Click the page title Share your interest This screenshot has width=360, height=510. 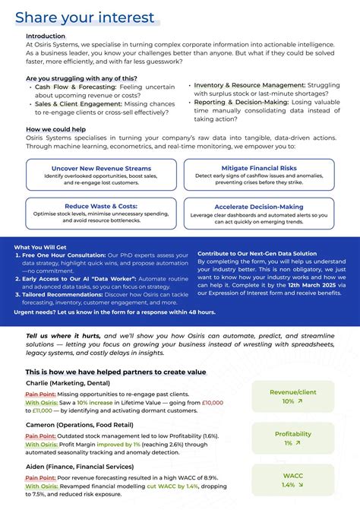(84, 17)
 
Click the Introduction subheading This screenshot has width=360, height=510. (46, 36)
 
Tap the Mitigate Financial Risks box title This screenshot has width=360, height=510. (259, 168)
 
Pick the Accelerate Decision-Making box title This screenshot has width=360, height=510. (259, 206)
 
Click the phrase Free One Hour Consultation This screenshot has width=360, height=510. (66, 255)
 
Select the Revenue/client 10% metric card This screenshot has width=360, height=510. (293, 397)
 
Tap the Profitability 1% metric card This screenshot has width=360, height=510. (293, 439)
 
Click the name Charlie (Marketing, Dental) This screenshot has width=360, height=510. (68, 383)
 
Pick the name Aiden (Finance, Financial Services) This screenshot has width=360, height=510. (79, 466)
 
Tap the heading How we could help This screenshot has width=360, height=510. (56, 129)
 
